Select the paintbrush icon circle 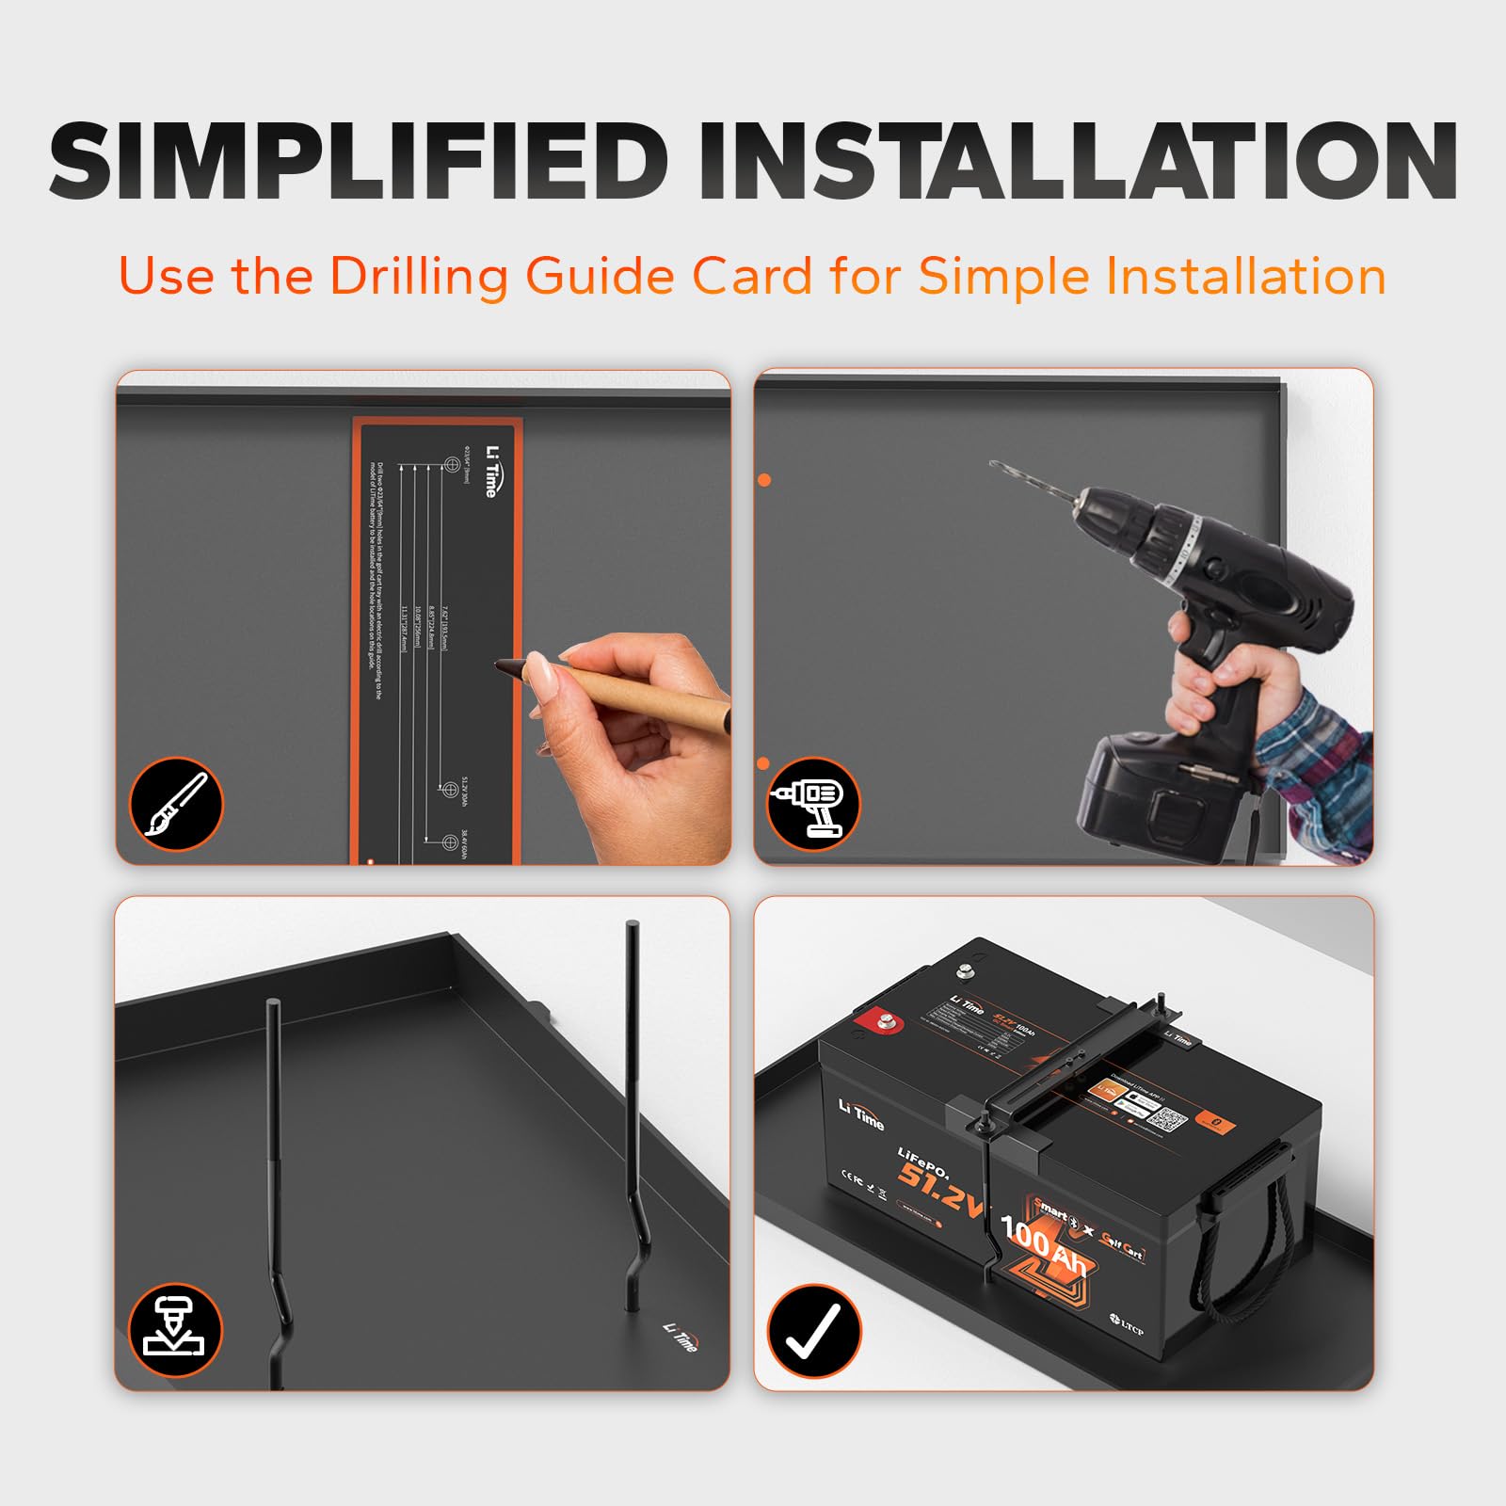[175, 804]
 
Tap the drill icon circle [813, 804]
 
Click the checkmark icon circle [813, 1330]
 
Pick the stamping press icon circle [175, 1330]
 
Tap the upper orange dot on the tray [764, 480]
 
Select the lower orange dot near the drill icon [763, 762]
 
